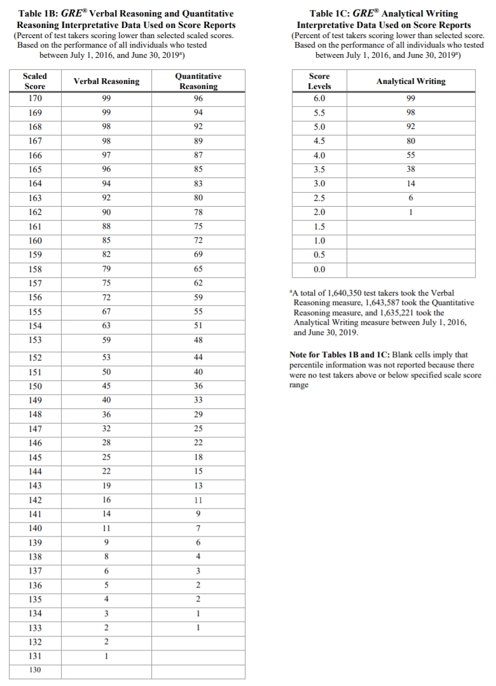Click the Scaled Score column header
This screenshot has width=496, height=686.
(x=36, y=81)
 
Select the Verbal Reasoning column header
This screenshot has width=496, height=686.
(x=107, y=81)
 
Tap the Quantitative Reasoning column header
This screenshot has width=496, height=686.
(x=198, y=81)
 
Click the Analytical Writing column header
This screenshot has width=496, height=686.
(x=411, y=81)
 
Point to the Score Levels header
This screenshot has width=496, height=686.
(x=319, y=81)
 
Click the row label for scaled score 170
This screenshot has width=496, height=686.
(x=36, y=99)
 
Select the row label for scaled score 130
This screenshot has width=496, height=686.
(x=36, y=671)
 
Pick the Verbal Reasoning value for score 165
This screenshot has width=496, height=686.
(x=107, y=170)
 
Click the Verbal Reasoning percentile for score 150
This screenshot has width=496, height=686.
(x=107, y=386)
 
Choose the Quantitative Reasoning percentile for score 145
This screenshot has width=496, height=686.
(x=198, y=457)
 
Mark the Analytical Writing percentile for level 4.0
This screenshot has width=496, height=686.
(x=411, y=155)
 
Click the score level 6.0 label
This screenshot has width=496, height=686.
(x=319, y=99)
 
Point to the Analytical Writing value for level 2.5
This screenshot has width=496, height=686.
(x=411, y=198)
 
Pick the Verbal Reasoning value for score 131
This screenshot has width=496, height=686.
(x=107, y=655)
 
